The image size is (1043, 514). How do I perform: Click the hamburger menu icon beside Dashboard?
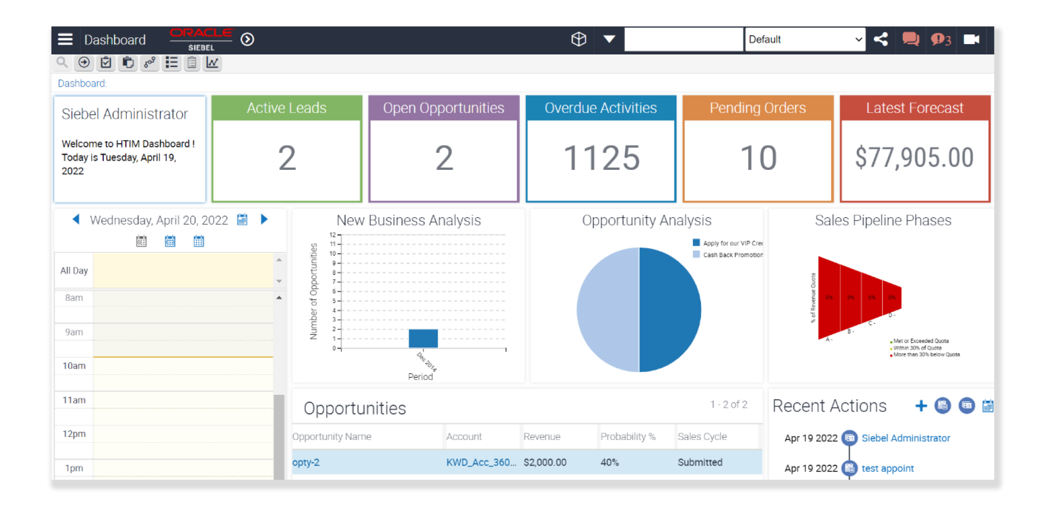[x=65, y=39]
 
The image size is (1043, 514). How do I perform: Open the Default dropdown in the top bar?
[x=805, y=39]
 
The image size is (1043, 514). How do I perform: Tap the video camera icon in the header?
[x=971, y=39]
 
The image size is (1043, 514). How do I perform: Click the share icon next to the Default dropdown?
[x=881, y=39]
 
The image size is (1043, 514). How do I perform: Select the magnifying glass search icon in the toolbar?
[x=63, y=63]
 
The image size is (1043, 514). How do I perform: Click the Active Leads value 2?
[x=287, y=158]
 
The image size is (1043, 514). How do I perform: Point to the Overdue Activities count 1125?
[x=601, y=158]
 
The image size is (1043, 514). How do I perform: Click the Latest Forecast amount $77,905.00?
[x=915, y=158]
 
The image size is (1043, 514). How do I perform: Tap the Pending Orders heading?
[x=758, y=108]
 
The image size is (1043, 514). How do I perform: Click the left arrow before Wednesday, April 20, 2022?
[x=76, y=219]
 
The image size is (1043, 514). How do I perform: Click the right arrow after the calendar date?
[x=264, y=219]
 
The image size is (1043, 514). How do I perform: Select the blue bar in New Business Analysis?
[x=423, y=338]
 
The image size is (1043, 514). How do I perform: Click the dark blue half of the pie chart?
[x=670, y=310]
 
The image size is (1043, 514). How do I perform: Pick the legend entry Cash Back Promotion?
[x=732, y=255]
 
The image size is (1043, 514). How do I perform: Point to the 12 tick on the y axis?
[x=333, y=235]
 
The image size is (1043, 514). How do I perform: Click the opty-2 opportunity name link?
[x=306, y=462]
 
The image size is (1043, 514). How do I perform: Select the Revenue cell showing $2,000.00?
[x=545, y=462]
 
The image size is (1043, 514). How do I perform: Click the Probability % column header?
[x=628, y=437]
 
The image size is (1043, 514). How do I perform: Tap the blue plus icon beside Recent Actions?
[x=921, y=406]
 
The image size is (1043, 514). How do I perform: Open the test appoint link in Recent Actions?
[x=887, y=468]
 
